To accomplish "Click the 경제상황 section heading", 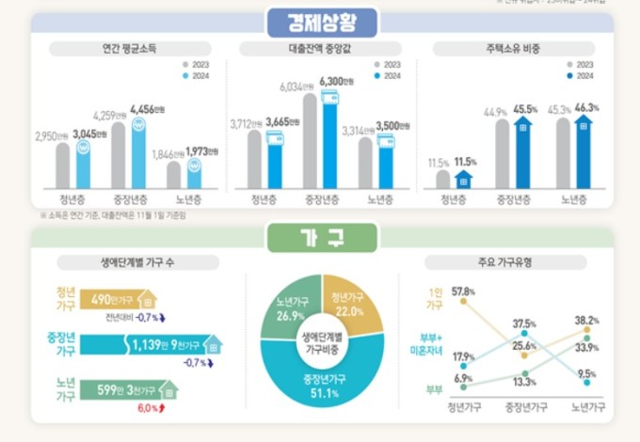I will click(x=320, y=20).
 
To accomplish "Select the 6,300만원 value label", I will click(x=338, y=83).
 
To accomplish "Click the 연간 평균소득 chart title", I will click(x=127, y=45).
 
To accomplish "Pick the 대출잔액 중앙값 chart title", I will click(x=321, y=45).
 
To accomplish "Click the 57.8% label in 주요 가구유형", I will click(x=462, y=292).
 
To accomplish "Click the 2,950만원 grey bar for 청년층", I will click(x=62, y=166).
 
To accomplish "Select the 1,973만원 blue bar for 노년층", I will click(x=195, y=174).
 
